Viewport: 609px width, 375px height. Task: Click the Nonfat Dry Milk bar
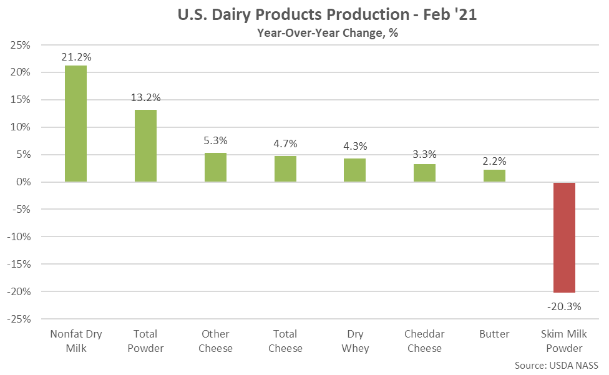[76, 124]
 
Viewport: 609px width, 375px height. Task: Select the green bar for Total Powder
[145, 146]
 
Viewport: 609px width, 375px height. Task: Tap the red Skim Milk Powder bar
[564, 237]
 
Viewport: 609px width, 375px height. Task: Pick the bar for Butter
[494, 175]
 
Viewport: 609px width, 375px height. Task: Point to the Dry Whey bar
[355, 170]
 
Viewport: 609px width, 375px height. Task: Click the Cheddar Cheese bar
[424, 173]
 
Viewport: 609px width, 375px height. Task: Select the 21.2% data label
[76, 57]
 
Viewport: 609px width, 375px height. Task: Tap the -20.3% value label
[564, 306]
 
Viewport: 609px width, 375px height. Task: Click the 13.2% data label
[145, 97]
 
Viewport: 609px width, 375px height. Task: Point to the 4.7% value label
[285, 144]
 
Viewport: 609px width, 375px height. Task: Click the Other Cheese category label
[215, 341]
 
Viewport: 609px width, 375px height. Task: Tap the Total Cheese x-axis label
[285, 341]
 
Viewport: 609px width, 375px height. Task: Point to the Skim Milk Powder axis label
[564, 341]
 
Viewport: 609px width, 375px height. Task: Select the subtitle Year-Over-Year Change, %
[327, 34]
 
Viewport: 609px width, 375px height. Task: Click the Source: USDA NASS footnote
[557, 364]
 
